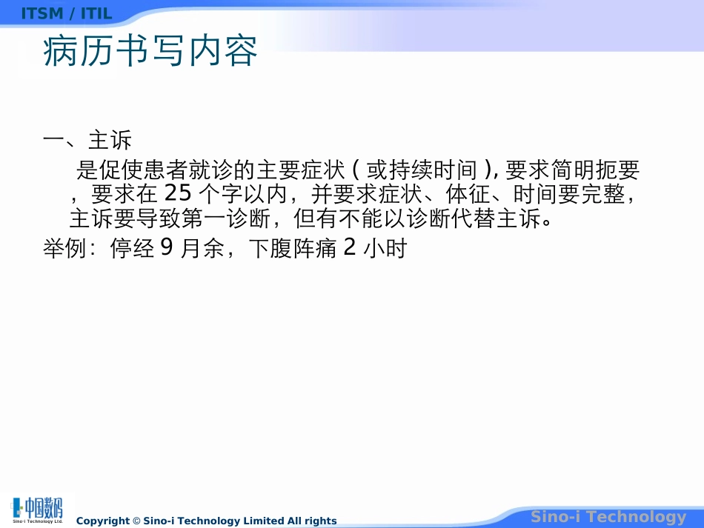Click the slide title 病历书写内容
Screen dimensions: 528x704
tap(150, 52)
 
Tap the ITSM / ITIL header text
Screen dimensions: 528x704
tap(67, 13)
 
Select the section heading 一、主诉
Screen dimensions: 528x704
tap(87, 141)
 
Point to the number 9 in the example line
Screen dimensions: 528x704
tap(167, 249)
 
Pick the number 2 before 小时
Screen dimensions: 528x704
tap(350, 249)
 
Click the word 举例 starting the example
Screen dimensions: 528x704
tap(65, 250)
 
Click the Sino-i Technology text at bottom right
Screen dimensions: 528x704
tap(608, 517)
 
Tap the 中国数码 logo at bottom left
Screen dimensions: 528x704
tap(38, 509)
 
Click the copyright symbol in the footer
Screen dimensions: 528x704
tap(136, 521)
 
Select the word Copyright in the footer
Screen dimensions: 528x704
tap(103, 521)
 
